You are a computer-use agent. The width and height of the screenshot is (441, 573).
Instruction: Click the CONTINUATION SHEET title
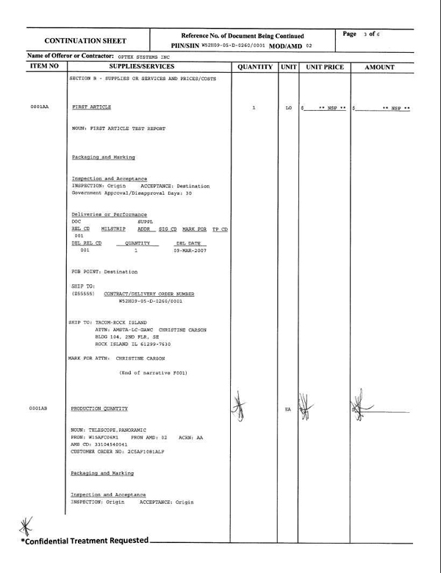(85, 41)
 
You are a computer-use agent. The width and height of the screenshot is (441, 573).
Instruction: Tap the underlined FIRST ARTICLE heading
(91, 107)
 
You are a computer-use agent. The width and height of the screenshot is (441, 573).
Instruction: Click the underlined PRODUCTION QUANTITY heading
(99, 408)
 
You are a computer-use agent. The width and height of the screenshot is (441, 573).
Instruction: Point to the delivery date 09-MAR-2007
(190, 251)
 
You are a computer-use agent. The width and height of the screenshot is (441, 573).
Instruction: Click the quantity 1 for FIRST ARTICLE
(253, 108)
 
